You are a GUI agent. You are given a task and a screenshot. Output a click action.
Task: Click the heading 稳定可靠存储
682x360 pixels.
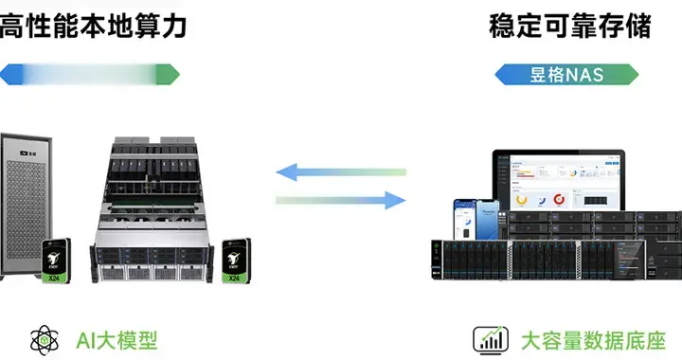(x=570, y=26)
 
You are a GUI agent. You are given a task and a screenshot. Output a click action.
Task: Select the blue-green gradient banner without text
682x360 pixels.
(x=91, y=74)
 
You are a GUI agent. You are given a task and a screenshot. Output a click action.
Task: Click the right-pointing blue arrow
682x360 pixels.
(x=341, y=200)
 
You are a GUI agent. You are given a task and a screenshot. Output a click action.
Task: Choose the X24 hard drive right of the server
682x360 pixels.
(x=234, y=261)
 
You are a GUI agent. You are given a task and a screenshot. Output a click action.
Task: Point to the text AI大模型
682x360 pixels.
(x=117, y=339)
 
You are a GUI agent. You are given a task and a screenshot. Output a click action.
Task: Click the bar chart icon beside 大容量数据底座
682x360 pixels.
(x=489, y=339)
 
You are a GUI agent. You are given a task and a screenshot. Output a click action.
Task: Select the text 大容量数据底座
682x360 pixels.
(x=594, y=339)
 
